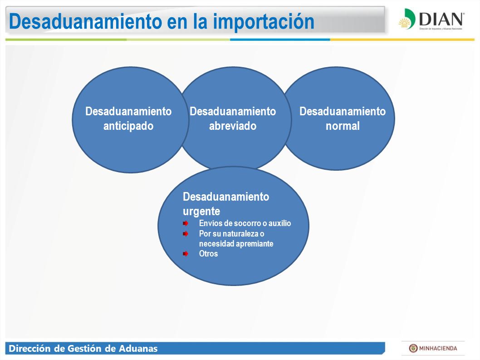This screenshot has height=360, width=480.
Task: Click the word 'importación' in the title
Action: pyautogui.click(x=264, y=22)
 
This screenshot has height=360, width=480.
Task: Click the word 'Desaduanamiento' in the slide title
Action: pyautogui.click(x=85, y=21)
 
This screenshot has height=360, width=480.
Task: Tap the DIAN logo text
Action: pyautogui.click(x=441, y=19)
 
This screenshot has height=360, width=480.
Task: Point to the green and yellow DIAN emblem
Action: pyautogui.click(x=407, y=19)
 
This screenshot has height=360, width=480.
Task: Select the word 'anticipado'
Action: pyautogui.click(x=128, y=126)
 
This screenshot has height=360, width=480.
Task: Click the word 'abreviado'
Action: pyautogui.click(x=233, y=126)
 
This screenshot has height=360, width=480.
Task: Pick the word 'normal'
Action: pyautogui.click(x=343, y=126)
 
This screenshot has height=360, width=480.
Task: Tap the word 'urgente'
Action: pyautogui.click(x=201, y=212)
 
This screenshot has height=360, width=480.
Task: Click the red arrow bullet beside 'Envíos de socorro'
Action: pyautogui.click(x=186, y=223)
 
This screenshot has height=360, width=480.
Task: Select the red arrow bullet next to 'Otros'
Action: pyautogui.click(x=186, y=254)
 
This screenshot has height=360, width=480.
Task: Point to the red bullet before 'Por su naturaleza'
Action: pyautogui.click(x=186, y=234)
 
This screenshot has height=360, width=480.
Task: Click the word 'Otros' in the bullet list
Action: pyautogui.click(x=209, y=254)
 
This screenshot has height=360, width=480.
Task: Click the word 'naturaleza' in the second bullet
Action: pyautogui.click(x=240, y=234)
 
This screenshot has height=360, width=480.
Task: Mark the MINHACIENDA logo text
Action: pyautogui.click(x=438, y=348)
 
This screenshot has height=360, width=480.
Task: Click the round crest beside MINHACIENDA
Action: pyautogui.click(x=413, y=348)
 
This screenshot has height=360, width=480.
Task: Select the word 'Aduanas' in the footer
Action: pyautogui.click(x=138, y=349)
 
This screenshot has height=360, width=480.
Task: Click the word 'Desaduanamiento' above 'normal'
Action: pyautogui.click(x=343, y=111)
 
